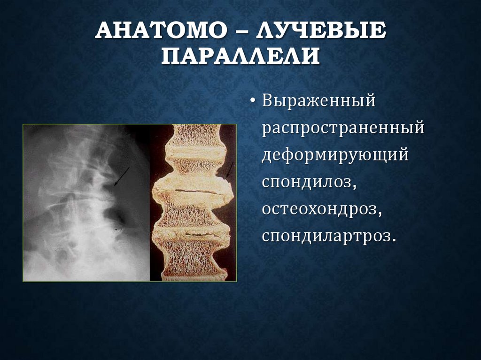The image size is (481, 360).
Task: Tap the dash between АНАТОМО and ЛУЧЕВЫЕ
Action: tap(247, 32)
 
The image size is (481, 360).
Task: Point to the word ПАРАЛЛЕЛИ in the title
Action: tap(240, 55)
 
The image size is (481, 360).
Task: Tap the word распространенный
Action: tap(343, 128)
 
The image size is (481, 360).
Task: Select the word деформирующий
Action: tap(335, 155)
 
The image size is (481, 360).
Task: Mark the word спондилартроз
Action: tap(326, 236)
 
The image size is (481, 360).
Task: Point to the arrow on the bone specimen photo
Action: tap(229, 169)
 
